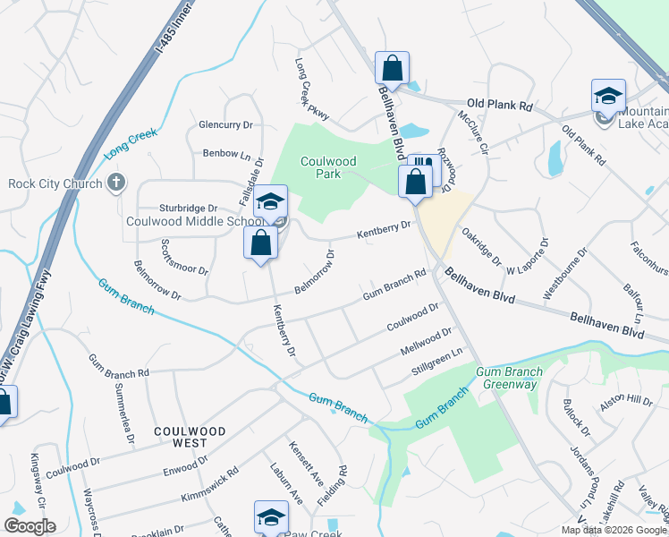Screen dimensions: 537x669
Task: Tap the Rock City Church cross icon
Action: click(115, 183)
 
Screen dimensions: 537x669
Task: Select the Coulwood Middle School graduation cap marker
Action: click(270, 201)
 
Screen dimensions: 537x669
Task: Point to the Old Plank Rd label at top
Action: click(500, 106)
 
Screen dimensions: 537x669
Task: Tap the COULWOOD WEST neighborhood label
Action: click(180, 437)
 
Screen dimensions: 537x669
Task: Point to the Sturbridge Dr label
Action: click(189, 208)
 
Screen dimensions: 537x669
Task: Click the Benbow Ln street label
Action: click(226, 154)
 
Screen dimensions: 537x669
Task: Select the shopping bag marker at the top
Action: click(392, 66)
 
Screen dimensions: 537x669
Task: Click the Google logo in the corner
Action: click(30, 526)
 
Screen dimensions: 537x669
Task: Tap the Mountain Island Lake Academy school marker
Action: click(608, 96)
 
